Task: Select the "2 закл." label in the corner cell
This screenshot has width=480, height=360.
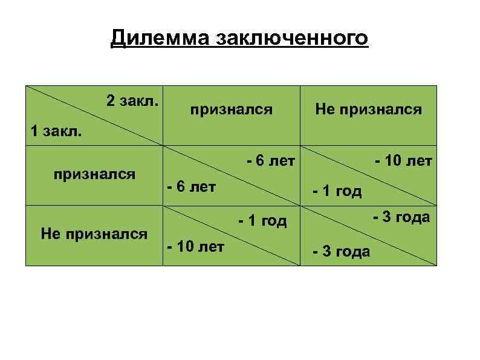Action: pos(132,100)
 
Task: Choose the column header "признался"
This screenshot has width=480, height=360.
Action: pos(232,110)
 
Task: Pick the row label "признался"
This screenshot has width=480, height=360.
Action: pos(94,175)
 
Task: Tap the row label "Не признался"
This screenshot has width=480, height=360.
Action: pos(94,234)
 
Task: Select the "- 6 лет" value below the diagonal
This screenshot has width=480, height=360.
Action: pos(191,186)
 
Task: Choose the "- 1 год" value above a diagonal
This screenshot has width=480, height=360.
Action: pos(262,221)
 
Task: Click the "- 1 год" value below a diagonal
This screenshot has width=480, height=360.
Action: pos(337,192)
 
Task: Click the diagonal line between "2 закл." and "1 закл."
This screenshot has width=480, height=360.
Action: pos(95,115)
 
